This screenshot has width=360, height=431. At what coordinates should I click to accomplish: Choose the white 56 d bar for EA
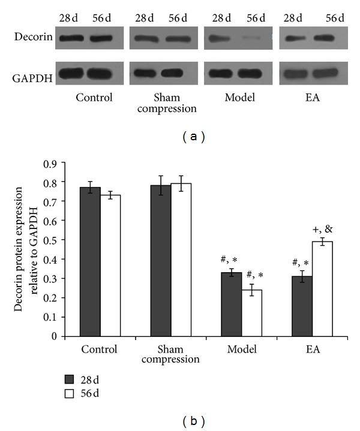tap(323, 288)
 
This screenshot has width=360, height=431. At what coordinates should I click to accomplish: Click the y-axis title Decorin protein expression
tap(28, 250)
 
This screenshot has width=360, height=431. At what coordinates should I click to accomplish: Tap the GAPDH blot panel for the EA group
tap(312, 73)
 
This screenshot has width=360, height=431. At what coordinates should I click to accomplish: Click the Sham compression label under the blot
tap(160, 102)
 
